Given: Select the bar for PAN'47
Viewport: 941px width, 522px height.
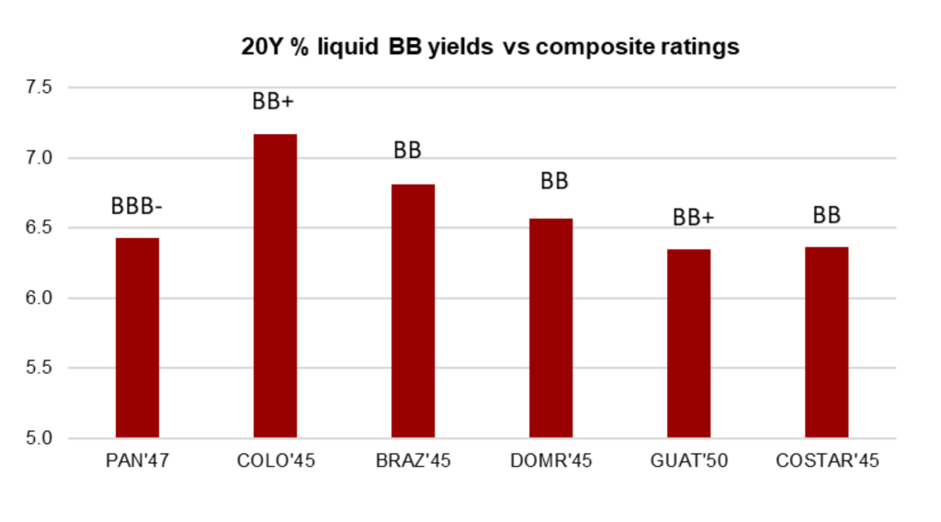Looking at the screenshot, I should (137, 337).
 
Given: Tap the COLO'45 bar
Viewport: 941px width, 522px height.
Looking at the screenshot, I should (275, 286).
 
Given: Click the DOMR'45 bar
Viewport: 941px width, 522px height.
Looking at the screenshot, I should (550, 328).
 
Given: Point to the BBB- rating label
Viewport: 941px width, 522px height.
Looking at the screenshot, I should (137, 207).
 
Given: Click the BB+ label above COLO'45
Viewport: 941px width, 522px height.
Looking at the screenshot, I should (274, 102).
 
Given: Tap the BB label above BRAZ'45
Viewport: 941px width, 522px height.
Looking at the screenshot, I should (407, 151).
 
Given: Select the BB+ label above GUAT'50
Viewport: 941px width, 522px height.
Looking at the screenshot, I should (694, 218).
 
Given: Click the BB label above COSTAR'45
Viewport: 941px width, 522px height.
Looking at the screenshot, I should (827, 216).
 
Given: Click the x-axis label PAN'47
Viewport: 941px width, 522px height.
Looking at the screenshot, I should (137, 461).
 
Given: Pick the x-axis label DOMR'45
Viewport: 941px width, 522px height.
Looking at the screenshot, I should (550, 461).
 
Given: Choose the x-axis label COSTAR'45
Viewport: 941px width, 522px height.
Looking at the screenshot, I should (826, 461).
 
